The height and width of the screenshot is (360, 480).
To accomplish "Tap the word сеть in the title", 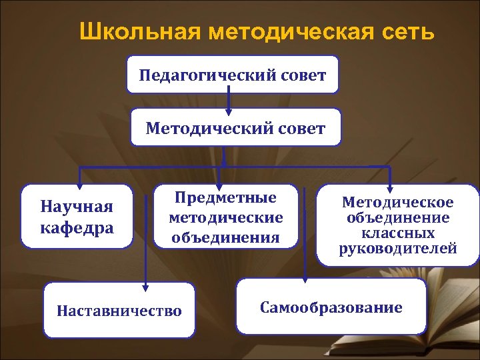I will (406, 31).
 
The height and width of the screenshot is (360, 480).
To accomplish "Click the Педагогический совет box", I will (233, 74).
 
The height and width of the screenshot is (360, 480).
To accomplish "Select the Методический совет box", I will (235, 127).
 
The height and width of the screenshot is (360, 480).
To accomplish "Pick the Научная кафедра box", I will (77, 217).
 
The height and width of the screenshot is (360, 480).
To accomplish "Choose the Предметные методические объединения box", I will (226, 217).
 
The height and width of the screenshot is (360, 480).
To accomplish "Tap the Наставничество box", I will (119, 310).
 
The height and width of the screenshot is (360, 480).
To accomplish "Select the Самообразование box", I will (331, 307).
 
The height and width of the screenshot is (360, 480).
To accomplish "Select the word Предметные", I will (225, 198).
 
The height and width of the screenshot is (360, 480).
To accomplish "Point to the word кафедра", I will (77, 227).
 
